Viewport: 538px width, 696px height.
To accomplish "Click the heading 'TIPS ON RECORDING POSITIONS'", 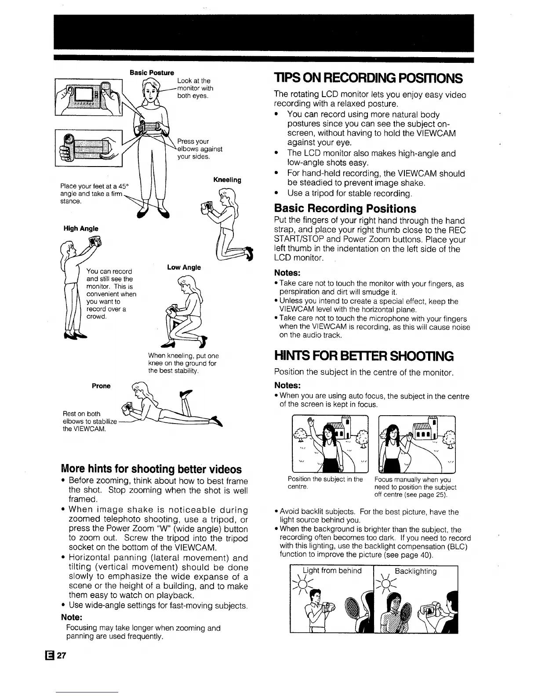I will click(368, 79).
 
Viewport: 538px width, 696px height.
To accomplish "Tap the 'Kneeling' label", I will click(227, 180).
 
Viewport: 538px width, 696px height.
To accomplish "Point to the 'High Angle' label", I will click(81, 228).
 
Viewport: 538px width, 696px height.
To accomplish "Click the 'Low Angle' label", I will click(184, 267).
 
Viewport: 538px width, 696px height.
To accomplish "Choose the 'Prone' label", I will click(101, 386).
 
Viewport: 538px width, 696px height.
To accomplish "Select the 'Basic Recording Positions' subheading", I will click(345, 208).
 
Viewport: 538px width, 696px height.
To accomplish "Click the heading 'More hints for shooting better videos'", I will click(152, 469).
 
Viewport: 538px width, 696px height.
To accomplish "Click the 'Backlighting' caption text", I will click(415, 571).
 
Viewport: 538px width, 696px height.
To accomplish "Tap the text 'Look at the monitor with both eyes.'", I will click(195, 88).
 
